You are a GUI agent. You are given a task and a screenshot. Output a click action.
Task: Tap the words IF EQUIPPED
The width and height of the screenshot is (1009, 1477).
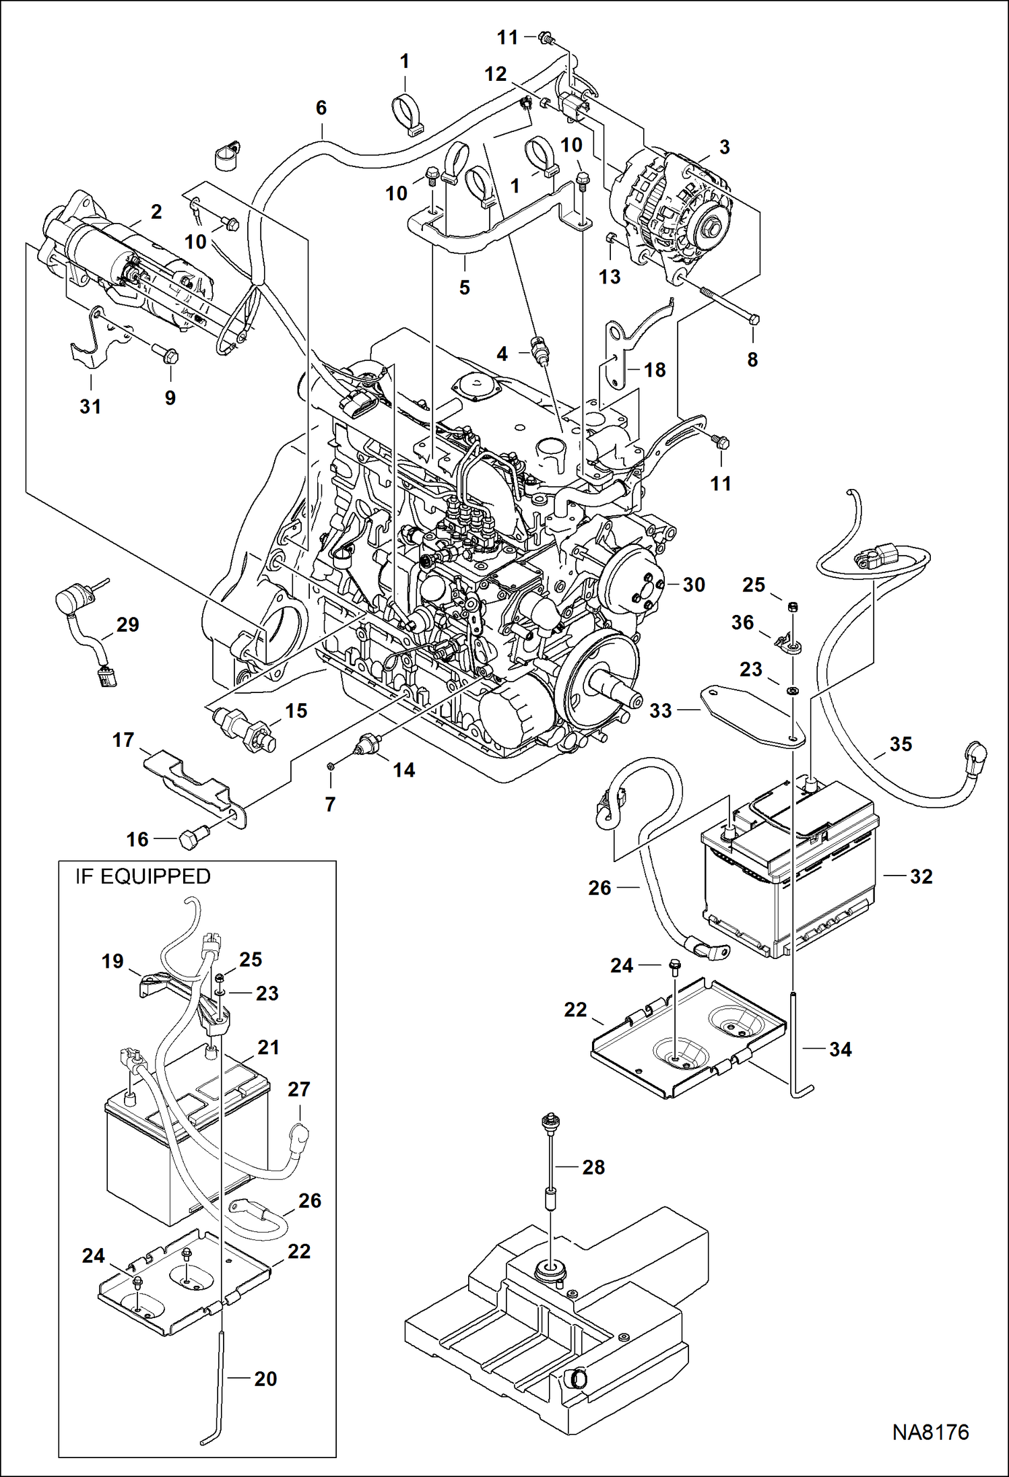[142, 876]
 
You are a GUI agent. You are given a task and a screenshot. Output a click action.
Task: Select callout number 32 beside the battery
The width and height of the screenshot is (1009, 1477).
[921, 876]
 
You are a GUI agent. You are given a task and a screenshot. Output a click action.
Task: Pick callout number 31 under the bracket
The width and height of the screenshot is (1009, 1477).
[90, 406]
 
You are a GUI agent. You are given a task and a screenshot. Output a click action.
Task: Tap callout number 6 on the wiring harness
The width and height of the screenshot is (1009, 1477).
[321, 108]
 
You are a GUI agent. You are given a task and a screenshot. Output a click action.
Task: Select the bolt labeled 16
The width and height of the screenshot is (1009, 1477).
[192, 839]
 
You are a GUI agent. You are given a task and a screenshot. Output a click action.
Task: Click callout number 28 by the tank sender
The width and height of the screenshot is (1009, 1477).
[593, 1167]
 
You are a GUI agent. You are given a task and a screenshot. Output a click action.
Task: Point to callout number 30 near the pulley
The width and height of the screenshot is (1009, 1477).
[694, 585]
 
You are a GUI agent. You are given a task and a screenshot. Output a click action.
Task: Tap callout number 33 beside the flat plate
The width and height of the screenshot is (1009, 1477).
[661, 711]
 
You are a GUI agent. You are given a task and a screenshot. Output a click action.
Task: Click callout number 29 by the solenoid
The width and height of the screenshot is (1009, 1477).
[127, 624]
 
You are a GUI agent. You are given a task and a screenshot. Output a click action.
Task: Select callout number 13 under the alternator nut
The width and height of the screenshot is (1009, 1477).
[610, 276]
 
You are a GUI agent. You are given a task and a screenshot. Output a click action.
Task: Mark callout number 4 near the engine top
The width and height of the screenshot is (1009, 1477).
[502, 354]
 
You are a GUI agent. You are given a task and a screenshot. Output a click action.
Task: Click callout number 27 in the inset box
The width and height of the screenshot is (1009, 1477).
[298, 1089]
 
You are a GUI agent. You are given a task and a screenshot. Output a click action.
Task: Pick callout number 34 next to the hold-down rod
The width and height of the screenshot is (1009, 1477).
[840, 1049]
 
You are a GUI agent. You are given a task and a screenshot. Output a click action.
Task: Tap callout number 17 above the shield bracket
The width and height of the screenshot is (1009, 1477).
[123, 740]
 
